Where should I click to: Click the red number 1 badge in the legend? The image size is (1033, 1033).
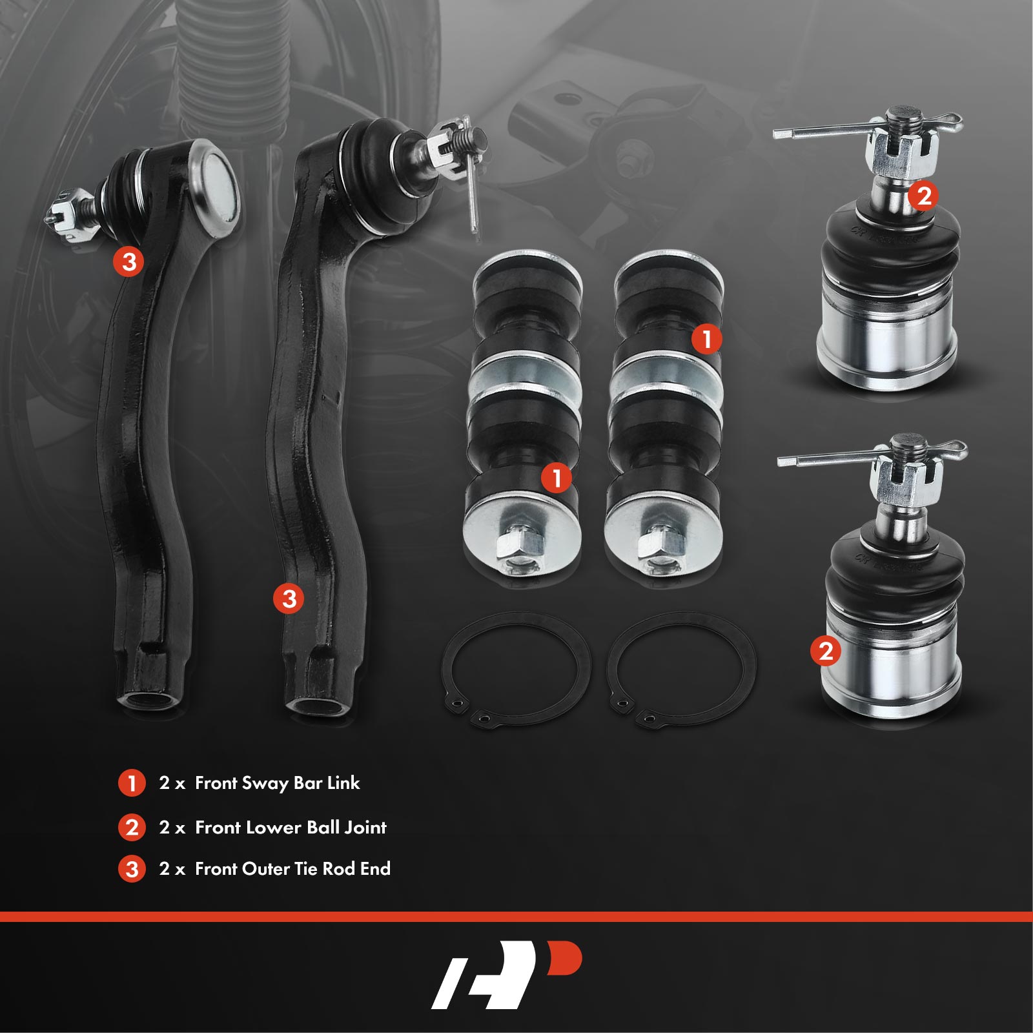tap(132, 783)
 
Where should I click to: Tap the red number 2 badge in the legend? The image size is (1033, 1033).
tap(132, 827)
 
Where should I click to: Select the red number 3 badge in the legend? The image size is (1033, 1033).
tap(132, 869)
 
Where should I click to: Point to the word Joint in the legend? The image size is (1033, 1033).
tap(365, 827)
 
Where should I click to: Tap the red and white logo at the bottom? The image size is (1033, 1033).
tap(507, 974)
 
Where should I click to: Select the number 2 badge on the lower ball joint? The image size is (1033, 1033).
tap(826, 651)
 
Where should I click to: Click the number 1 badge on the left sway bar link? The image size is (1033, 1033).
tap(556, 478)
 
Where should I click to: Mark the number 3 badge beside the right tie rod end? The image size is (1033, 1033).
tap(289, 598)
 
